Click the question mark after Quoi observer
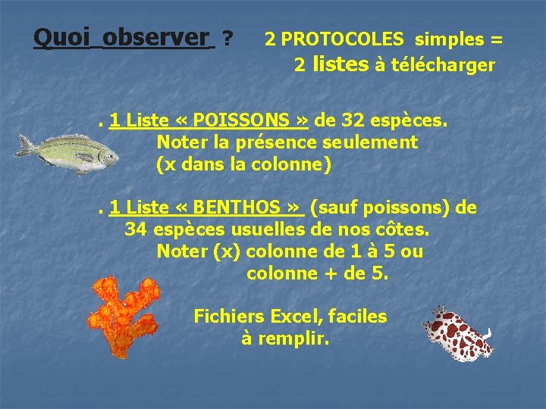tap(227, 37)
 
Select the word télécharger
tap(443, 66)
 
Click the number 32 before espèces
tap(356, 120)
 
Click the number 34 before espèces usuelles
tap(136, 229)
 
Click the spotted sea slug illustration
tap(457, 333)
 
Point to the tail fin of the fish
tap(26, 145)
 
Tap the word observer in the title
tap(155, 36)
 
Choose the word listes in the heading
tap(340, 64)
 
